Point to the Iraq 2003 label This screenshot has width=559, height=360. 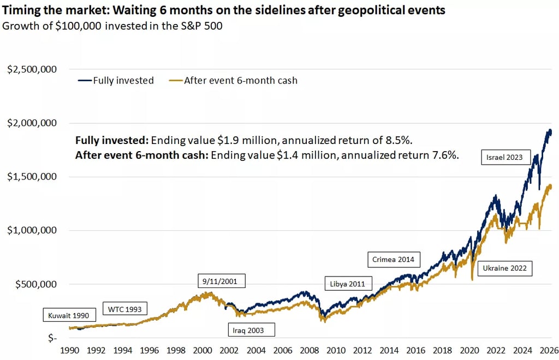pyautogui.click(x=251, y=329)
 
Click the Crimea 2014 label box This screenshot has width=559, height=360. pyautogui.click(x=393, y=259)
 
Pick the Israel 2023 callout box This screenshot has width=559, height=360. pyautogui.click(x=504, y=158)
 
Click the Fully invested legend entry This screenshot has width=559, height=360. pyautogui.click(x=116, y=80)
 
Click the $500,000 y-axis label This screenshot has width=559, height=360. pyautogui.click(x=37, y=284)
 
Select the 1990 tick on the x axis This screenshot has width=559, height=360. pyautogui.click(x=69, y=350)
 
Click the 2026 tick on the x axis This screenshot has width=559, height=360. pyautogui.click(x=548, y=350)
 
